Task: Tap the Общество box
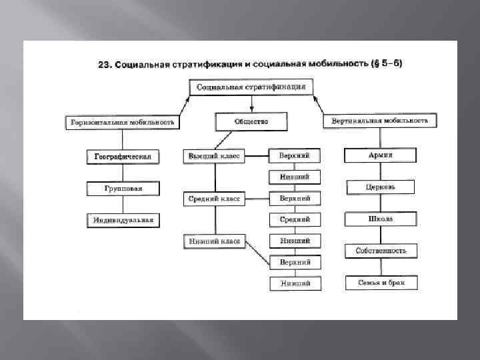(251, 122)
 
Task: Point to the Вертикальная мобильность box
(380, 121)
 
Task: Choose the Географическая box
(123, 157)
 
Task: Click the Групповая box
(123, 189)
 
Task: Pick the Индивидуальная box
(123, 220)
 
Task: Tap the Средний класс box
(213, 199)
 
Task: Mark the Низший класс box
(213, 241)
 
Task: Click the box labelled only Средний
(294, 219)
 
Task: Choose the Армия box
(381, 155)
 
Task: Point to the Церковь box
(381, 187)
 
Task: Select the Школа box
(381, 219)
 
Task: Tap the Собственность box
(381, 251)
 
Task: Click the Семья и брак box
(381, 283)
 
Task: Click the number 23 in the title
(103, 65)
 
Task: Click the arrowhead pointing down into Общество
(251, 107)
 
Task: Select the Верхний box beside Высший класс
(294, 156)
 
